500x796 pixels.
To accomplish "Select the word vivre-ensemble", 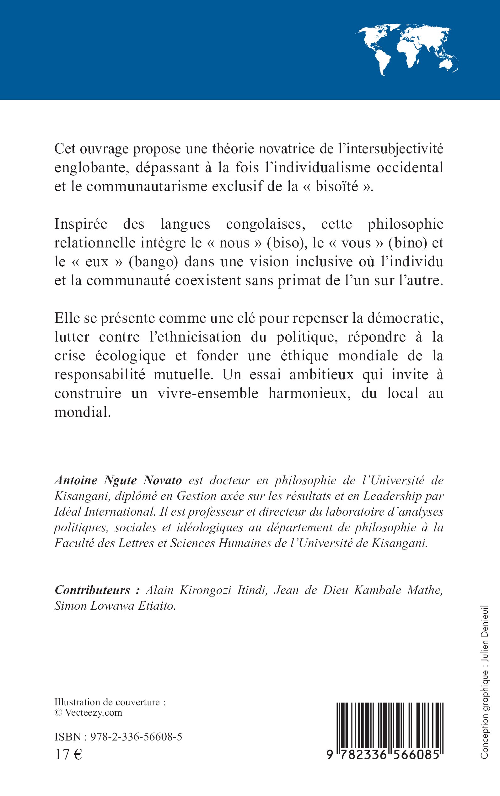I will point(208,393).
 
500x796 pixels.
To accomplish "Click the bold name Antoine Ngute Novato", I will point(118,480).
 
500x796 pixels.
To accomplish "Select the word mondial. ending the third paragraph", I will point(82,412).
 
